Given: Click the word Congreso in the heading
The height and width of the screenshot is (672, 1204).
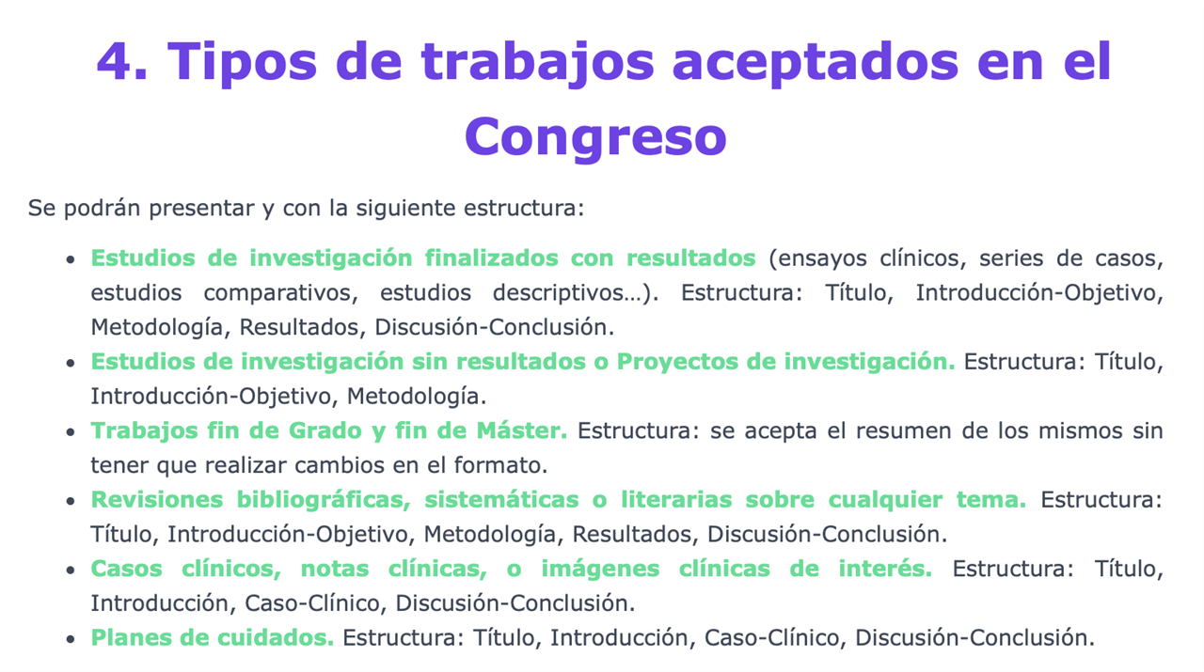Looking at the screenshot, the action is pyautogui.click(x=595, y=137).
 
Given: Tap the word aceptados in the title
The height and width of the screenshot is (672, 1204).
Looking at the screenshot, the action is pyautogui.click(x=816, y=63).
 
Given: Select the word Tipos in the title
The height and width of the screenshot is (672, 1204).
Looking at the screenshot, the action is pyautogui.click(x=243, y=63).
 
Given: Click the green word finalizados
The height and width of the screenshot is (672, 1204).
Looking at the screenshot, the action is pyautogui.click(x=491, y=258).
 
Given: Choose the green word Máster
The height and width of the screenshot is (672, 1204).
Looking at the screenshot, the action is pyautogui.click(x=521, y=430).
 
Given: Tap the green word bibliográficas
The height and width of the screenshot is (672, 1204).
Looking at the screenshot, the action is pyautogui.click(x=324, y=500).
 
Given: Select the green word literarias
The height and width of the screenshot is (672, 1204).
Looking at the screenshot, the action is pyautogui.click(x=676, y=500).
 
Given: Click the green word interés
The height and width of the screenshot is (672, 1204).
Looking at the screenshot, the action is pyautogui.click(x=885, y=569).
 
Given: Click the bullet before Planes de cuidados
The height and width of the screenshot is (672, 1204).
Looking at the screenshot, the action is pyautogui.click(x=71, y=639).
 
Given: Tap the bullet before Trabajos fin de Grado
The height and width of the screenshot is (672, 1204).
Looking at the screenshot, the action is pyautogui.click(x=71, y=432).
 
